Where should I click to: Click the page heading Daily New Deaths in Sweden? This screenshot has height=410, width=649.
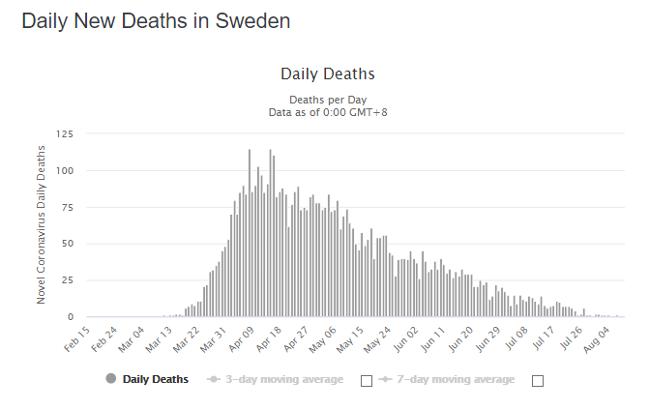(x=156, y=21)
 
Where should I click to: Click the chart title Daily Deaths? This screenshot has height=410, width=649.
(x=327, y=74)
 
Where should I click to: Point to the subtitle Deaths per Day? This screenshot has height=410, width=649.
(x=327, y=100)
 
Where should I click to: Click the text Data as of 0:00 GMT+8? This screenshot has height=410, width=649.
(x=327, y=112)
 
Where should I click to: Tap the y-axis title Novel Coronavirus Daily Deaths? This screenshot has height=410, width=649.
(x=42, y=224)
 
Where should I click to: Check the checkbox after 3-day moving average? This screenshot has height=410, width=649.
(x=367, y=380)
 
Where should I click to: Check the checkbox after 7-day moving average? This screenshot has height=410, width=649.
(x=538, y=380)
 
